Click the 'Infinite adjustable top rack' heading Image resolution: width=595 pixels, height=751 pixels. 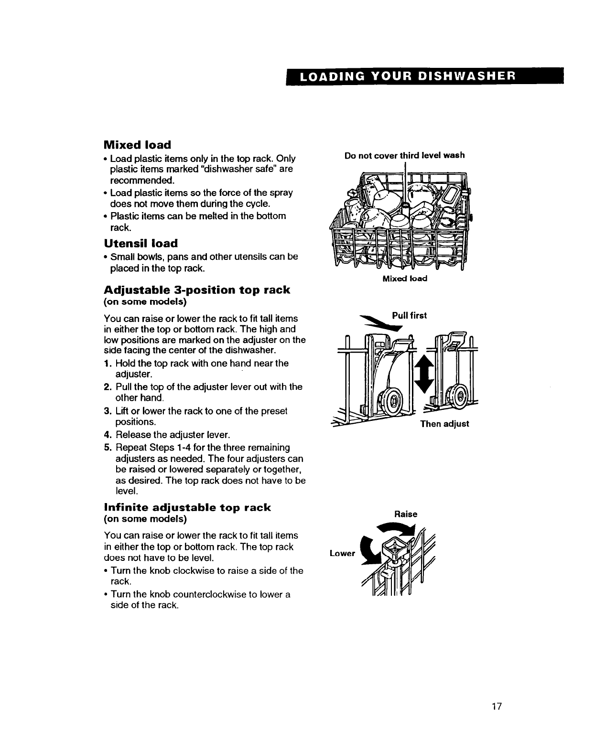187,507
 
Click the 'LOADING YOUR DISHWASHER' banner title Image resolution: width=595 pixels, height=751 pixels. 425,76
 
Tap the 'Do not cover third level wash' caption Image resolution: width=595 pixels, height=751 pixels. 404,155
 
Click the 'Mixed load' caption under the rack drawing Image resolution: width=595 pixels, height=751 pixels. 405,278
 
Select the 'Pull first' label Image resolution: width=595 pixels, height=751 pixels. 409,316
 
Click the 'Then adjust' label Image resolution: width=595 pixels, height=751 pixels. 444,424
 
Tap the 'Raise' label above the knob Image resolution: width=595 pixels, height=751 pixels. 406,515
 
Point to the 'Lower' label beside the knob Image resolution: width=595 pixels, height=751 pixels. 342,553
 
